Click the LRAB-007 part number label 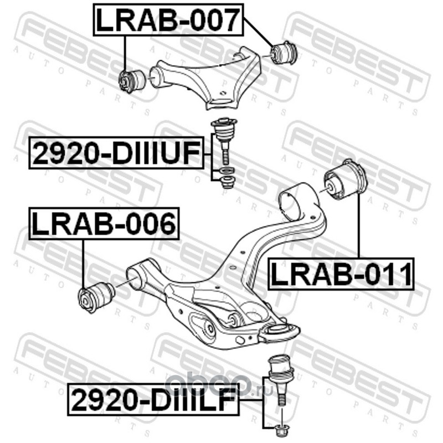tap(168, 20)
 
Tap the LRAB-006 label tap(104, 224)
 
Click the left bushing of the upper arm tap(132, 80)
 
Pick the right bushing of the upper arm tap(285, 52)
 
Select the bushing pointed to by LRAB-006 tap(95, 296)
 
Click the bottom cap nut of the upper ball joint tap(225, 182)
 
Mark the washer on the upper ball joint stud tap(225, 169)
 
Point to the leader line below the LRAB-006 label tap(83, 262)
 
